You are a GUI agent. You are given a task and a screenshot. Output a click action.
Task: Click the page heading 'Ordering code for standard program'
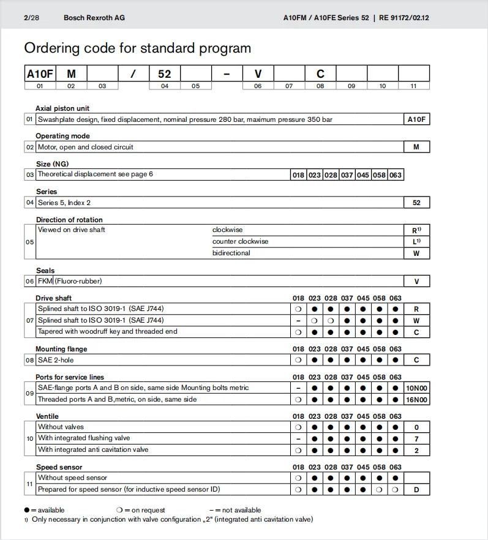pyautogui.click(x=137, y=48)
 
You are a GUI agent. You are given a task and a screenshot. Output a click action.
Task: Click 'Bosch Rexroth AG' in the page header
pyautogui.click(x=94, y=18)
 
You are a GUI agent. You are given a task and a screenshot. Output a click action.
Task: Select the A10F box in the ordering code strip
pyautogui.click(x=40, y=74)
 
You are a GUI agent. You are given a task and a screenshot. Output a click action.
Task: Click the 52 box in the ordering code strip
pyautogui.click(x=164, y=74)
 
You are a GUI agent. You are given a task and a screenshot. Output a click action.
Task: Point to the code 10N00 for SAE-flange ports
pyautogui.click(x=416, y=388)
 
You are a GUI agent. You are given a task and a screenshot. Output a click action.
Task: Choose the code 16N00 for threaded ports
pyautogui.click(x=416, y=400)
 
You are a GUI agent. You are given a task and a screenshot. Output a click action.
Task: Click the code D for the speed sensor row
pyautogui.click(x=416, y=490)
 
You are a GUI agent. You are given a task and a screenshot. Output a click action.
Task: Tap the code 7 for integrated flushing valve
pyautogui.click(x=416, y=438)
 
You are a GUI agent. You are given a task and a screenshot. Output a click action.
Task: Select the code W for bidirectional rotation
pyautogui.click(x=416, y=253)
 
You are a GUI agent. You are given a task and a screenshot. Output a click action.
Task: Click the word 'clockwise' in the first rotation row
pyautogui.click(x=227, y=230)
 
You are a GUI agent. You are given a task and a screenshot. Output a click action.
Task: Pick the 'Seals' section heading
pyautogui.click(x=45, y=271)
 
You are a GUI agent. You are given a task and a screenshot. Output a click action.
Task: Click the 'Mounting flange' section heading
pyautogui.click(x=61, y=349)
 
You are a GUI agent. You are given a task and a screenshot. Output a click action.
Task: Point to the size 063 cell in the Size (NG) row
pyautogui.click(x=396, y=175)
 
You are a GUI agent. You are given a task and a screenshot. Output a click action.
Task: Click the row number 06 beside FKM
pyautogui.click(x=29, y=282)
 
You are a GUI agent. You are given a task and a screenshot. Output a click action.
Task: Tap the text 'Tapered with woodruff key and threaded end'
pyautogui.click(x=107, y=332)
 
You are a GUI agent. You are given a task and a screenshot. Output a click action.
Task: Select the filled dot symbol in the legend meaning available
pyautogui.click(x=27, y=510)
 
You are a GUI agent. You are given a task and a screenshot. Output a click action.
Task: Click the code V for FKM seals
pyautogui.click(x=416, y=282)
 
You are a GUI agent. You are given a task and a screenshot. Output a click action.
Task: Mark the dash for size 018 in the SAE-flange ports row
pyautogui.click(x=298, y=388)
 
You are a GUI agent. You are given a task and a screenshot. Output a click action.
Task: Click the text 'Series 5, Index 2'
pyautogui.click(x=64, y=203)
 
